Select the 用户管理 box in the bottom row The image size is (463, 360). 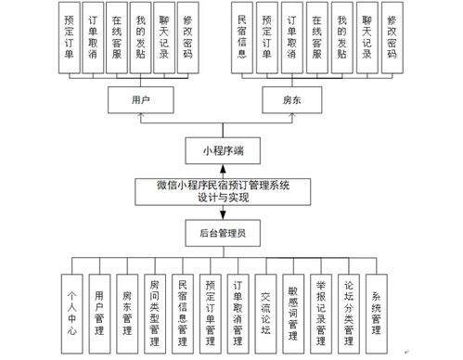click(99, 304)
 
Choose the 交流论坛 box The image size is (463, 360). click(266, 304)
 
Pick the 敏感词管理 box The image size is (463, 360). click(294, 304)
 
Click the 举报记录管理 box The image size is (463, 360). click(321, 304)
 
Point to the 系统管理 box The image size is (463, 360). click(377, 304)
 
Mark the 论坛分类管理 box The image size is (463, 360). click(349, 304)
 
